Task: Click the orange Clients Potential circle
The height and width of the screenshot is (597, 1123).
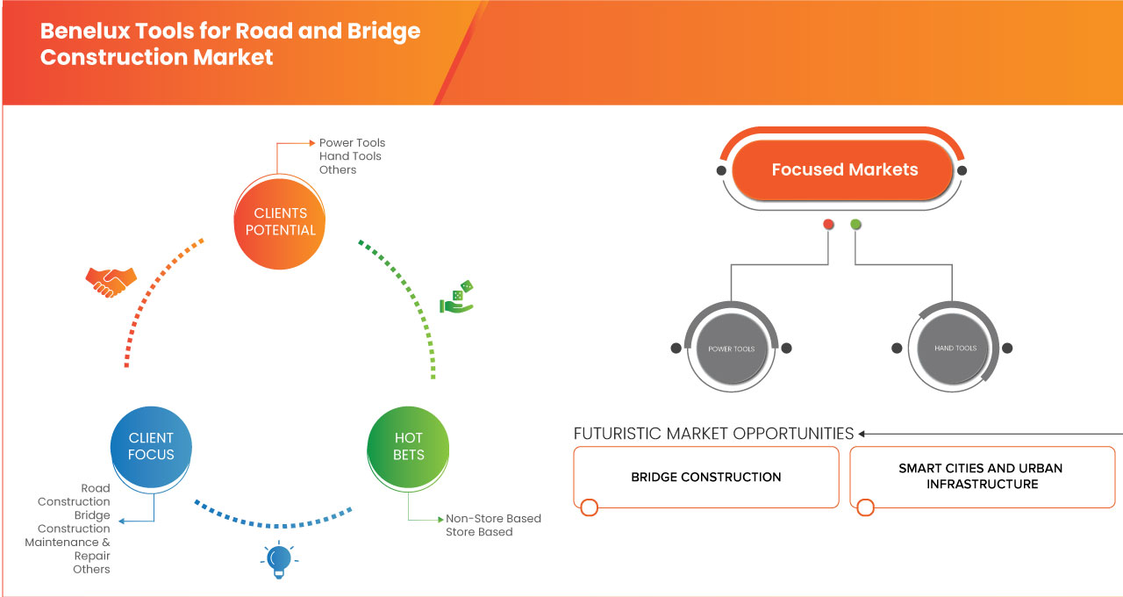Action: (x=281, y=221)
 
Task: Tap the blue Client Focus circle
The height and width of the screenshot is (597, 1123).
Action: (x=151, y=446)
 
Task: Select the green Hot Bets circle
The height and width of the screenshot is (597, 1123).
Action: (x=408, y=446)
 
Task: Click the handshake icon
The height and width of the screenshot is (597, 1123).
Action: (x=111, y=280)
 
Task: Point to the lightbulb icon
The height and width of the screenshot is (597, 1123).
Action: (x=278, y=559)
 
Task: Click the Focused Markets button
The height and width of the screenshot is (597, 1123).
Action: (x=844, y=170)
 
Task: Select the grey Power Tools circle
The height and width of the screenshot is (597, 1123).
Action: (x=731, y=349)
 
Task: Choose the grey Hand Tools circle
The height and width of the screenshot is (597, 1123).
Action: (x=955, y=349)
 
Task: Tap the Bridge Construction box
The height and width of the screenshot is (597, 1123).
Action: (x=705, y=477)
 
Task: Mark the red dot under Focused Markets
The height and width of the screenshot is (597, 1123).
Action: (x=828, y=225)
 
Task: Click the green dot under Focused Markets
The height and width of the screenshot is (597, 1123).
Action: (x=855, y=225)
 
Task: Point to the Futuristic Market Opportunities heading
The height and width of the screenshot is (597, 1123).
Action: (x=713, y=434)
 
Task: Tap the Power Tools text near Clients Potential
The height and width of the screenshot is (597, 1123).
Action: (x=352, y=143)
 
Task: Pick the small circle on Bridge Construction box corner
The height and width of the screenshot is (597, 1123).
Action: (x=589, y=507)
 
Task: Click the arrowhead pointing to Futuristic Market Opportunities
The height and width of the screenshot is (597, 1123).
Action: (x=862, y=434)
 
